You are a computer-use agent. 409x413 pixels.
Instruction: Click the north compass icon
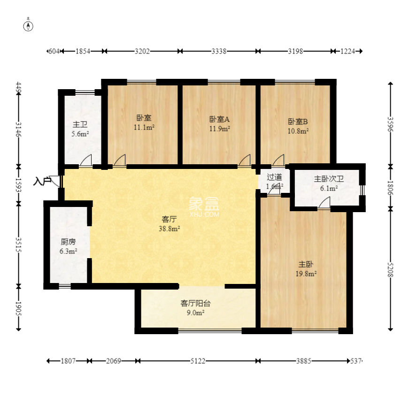coord(29,25)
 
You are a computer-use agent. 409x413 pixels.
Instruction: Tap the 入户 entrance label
coord(42,181)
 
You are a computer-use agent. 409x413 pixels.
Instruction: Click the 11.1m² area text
coord(144,127)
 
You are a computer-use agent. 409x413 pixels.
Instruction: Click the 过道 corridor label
coord(274,177)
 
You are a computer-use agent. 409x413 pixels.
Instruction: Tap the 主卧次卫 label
coord(329,179)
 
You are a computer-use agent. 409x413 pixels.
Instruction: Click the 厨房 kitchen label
coord(68,242)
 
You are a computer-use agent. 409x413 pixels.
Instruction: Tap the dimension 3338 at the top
coord(218,51)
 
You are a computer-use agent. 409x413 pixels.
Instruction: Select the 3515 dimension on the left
coord(18,244)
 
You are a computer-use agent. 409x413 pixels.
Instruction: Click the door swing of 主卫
coord(85,161)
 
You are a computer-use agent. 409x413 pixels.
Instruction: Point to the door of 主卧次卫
coord(324,203)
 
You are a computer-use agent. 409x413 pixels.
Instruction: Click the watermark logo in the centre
coord(204,206)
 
